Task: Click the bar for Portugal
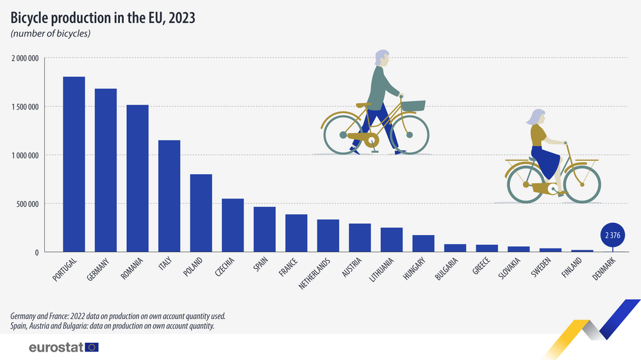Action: pos(74,165)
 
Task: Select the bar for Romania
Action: pos(137,179)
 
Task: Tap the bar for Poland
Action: pos(201,213)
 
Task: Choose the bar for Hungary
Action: pos(423,244)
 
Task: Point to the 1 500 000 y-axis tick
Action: pos(25,107)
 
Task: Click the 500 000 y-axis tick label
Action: pos(28,204)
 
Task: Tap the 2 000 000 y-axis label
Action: pos(25,58)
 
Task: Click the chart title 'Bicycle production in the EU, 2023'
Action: pos(103,18)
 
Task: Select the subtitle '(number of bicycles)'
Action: pos(50,33)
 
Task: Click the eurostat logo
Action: pos(63,347)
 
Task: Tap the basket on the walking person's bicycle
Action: pos(413,106)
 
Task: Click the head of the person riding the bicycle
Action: pos(535,117)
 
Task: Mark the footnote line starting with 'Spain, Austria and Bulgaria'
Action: pos(112,326)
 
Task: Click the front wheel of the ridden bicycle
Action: pos(583,185)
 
